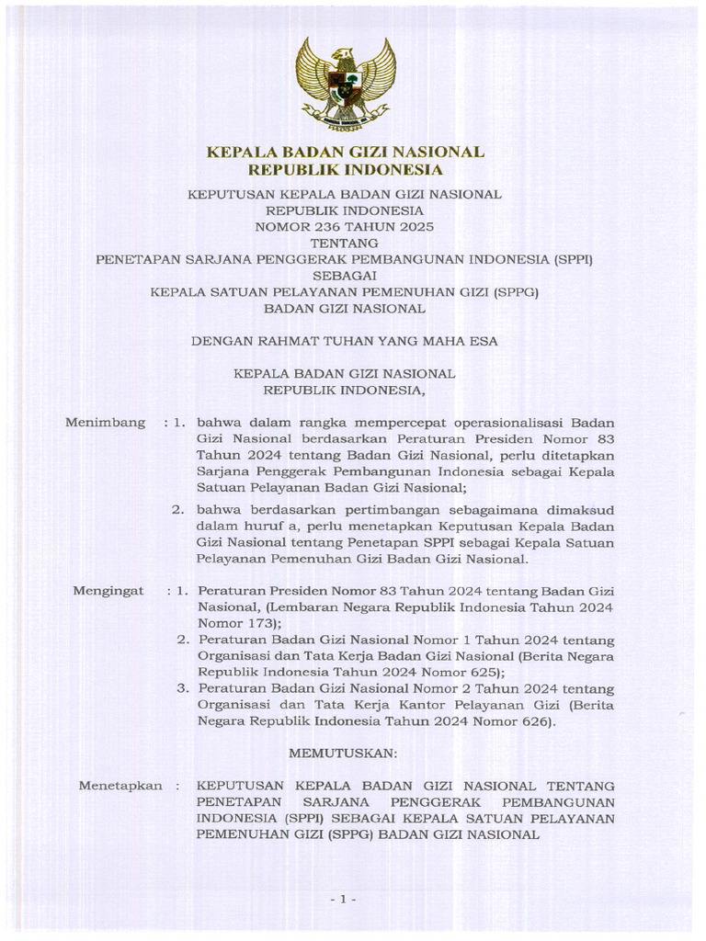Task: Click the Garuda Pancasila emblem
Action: coord(345,85)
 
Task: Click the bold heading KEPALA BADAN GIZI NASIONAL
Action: coord(345,153)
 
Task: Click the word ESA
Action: coord(484,340)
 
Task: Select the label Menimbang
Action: coord(106,423)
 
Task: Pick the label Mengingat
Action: coord(108,591)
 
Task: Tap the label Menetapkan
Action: coord(114,787)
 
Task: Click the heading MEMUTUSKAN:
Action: coord(344,753)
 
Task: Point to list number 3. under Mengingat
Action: coord(183,688)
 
